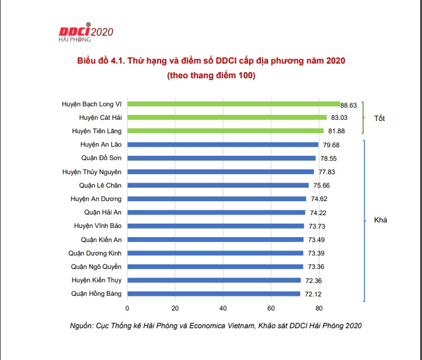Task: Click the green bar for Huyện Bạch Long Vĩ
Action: (233, 104)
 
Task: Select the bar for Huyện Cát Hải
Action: (227, 117)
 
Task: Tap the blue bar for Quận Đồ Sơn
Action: (221, 158)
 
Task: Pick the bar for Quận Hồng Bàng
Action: (214, 293)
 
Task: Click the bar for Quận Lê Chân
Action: (218, 185)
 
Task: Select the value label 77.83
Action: (327, 172)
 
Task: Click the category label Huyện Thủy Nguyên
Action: (92, 172)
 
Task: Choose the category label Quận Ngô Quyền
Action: (96, 266)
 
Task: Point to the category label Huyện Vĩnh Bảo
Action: (96, 226)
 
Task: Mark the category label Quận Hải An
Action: (103, 212)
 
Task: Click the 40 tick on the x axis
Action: (223, 307)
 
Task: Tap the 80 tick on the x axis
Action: (318, 307)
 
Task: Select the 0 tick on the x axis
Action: (127, 307)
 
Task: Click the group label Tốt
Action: (379, 117)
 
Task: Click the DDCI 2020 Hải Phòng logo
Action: (85, 34)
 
